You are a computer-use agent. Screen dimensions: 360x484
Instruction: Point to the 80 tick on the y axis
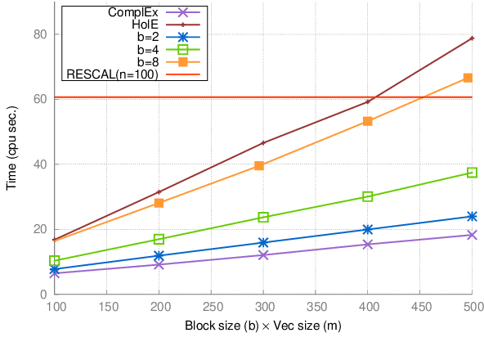click(x=38, y=34)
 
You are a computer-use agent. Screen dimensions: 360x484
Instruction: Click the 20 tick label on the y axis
click(x=38, y=229)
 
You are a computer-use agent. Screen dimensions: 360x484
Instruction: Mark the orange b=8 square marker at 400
click(x=368, y=121)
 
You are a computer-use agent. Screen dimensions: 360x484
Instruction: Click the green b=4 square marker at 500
click(x=472, y=173)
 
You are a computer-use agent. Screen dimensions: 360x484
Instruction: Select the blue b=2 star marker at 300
click(x=263, y=242)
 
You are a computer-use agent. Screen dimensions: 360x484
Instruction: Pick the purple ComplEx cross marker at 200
click(x=159, y=264)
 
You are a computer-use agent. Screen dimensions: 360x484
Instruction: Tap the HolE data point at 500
click(x=472, y=38)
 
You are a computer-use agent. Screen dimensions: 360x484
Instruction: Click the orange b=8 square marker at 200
click(x=159, y=203)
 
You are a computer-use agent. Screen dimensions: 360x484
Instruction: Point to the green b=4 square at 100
click(x=55, y=261)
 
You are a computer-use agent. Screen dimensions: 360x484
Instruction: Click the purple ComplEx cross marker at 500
click(x=472, y=235)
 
